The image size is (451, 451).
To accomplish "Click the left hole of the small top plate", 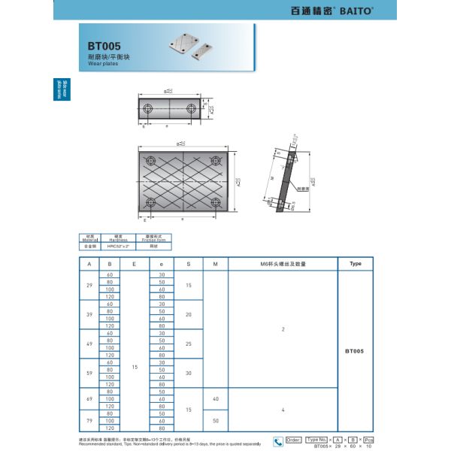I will pyautogui.click(x=148, y=108).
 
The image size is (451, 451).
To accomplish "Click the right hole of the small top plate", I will pyautogui.click(x=190, y=108).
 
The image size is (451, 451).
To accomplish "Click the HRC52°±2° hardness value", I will pyautogui.click(x=117, y=246).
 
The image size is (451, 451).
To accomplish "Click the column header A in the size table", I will pyautogui.click(x=89, y=264).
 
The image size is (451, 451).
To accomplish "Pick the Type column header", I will pyautogui.click(x=356, y=264).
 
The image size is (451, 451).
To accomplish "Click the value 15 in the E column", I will pyautogui.click(x=134, y=366).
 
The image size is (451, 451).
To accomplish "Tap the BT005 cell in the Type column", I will pyautogui.click(x=356, y=351).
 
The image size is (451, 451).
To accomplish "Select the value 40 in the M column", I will pyautogui.click(x=216, y=398).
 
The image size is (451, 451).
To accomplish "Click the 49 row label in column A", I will pyautogui.click(x=89, y=344).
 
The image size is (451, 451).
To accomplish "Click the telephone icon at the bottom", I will pyautogui.click(x=277, y=441).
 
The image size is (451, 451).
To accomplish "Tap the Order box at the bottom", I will pyautogui.click(x=293, y=440).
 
